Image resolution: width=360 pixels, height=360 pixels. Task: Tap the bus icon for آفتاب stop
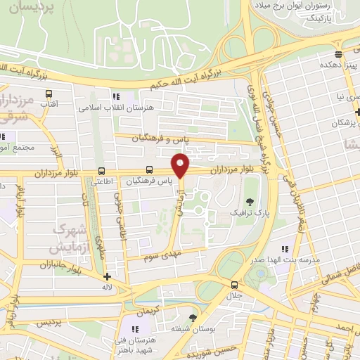[x=49, y=94]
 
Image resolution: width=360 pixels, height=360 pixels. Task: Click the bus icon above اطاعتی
[x=102, y=171]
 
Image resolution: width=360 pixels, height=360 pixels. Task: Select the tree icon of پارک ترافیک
[x=250, y=202]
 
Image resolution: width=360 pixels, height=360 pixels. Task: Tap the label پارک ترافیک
[x=250, y=212]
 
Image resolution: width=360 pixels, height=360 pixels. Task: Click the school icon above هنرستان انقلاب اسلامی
[x=115, y=96]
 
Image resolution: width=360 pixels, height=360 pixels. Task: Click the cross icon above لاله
[x=107, y=276]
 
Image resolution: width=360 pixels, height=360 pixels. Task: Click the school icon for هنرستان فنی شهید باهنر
[x=134, y=328]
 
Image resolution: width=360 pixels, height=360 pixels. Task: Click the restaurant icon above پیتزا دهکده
[x=339, y=54]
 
